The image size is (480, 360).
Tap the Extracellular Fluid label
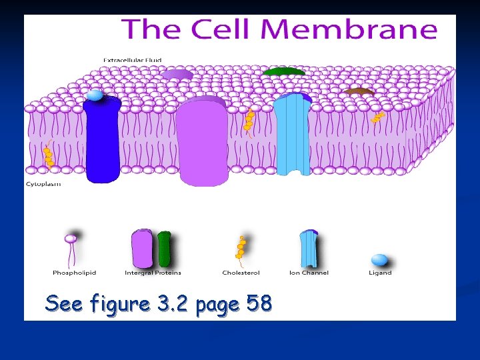132,60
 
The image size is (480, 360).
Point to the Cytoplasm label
43,184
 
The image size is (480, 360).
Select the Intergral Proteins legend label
153,273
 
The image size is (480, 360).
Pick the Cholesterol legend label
241,273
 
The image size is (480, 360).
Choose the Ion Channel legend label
309,273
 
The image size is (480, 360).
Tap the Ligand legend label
380,273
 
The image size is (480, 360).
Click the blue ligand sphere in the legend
379,259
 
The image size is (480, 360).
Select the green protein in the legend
164,248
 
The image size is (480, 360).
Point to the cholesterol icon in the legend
241,249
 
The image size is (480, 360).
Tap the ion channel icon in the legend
309,248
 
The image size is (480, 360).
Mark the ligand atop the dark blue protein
95,95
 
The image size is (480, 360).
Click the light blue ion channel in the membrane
293,137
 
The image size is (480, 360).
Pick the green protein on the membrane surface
284,71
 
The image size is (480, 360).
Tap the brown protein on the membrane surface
359,91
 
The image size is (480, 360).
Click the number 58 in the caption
259,304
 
